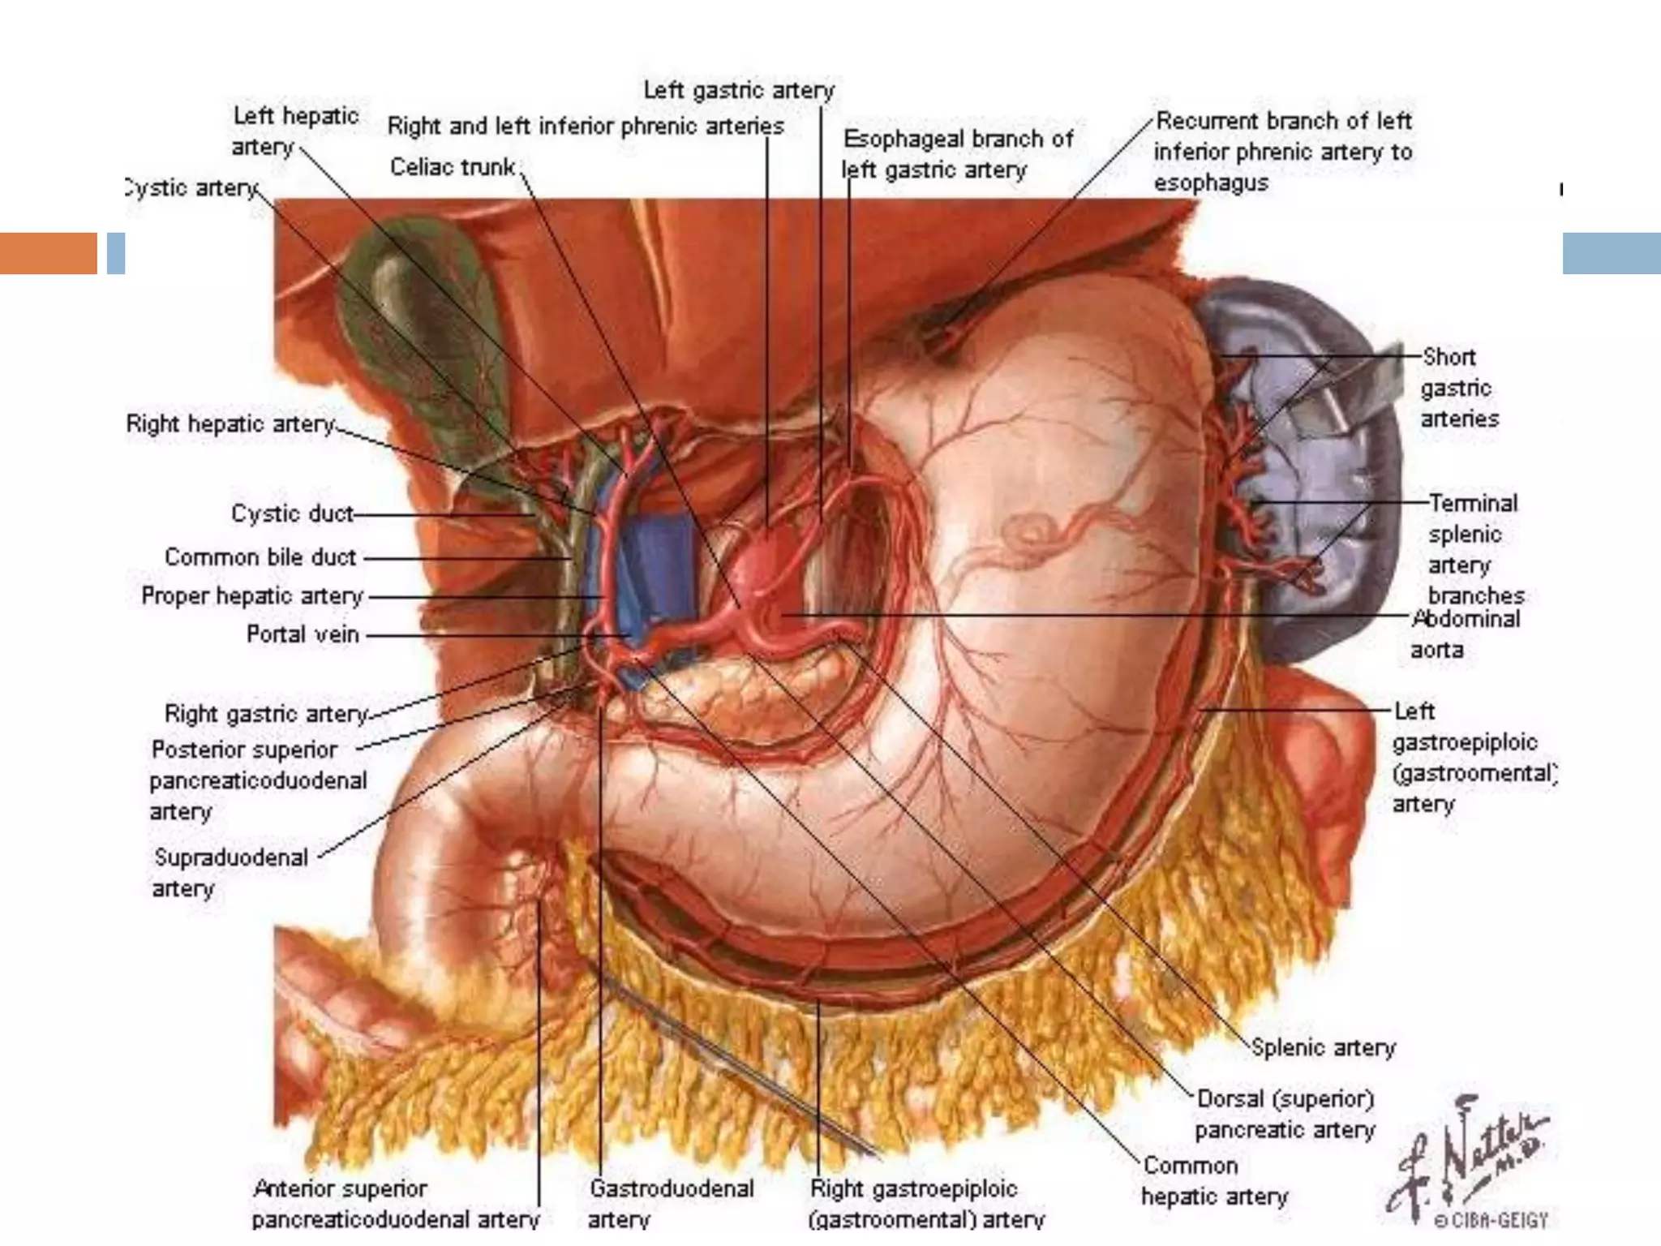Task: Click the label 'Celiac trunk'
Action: (453, 167)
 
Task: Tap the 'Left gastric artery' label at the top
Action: (738, 90)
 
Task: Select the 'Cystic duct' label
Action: (292, 513)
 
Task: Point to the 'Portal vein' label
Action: (302, 634)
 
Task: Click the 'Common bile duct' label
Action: (260, 557)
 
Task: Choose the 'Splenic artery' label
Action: (1323, 1048)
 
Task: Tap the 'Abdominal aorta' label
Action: (1465, 634)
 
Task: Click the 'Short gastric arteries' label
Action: (1458, 388)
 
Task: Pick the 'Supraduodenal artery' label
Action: (230, 873)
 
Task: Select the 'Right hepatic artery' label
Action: (230, 424)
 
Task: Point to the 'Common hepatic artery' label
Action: (1213, 1181)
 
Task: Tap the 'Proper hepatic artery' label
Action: (251, 596)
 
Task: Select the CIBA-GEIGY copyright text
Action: (1491, 1220)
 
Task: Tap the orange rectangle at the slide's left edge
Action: (48, 253)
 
